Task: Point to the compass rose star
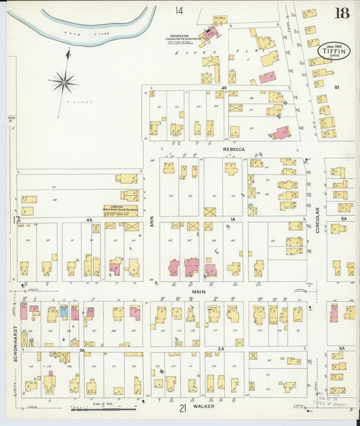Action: pyautogui.click(x=64, y=82)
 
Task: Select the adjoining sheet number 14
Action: pyautogui.click(x=179, y=11)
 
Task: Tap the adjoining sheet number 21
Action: pyautogui.click(x=182, y=408)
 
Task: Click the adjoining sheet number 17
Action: pyautogui.click(x=15, y=220)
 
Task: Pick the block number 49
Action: pyautogui.click(x=224, y=88)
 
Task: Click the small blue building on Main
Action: pyautogui.click(x=64, y=311)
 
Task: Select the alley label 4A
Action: pyautogui.click(x=88, y=220)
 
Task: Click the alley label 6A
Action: pyautogui.click(x=342, y=348)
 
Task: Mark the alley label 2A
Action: pyautogui.click(x=220, y=349)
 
